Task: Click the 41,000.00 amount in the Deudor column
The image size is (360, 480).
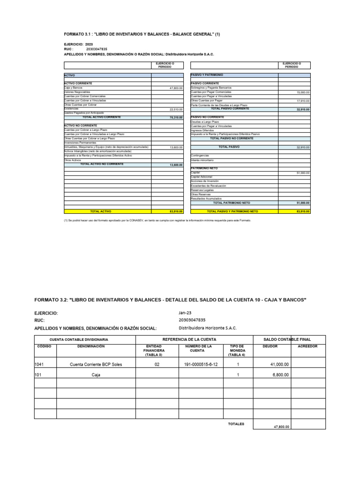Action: tap(279, 364)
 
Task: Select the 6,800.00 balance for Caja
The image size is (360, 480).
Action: tap(279, 375)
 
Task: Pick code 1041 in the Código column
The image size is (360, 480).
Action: tap(39, 364)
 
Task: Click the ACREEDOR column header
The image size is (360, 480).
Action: tap(307, 346)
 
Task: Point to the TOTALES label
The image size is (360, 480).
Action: tap(236, 424)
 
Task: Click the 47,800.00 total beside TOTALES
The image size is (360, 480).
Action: tap(281, 427)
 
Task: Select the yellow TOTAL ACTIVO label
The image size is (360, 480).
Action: tap(100, 211)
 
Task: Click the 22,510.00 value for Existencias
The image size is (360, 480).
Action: tap(176, 109)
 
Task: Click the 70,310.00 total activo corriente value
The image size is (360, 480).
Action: tap(176, 117)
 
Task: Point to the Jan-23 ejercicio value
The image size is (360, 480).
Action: tap(185, 312)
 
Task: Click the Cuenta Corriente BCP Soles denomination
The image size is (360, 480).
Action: tap(96, 364)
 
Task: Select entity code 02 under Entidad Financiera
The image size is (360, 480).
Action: tap(157, 364)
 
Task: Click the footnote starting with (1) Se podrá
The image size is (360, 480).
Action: tap(157, 220)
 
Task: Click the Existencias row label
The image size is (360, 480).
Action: tap(71, 109)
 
